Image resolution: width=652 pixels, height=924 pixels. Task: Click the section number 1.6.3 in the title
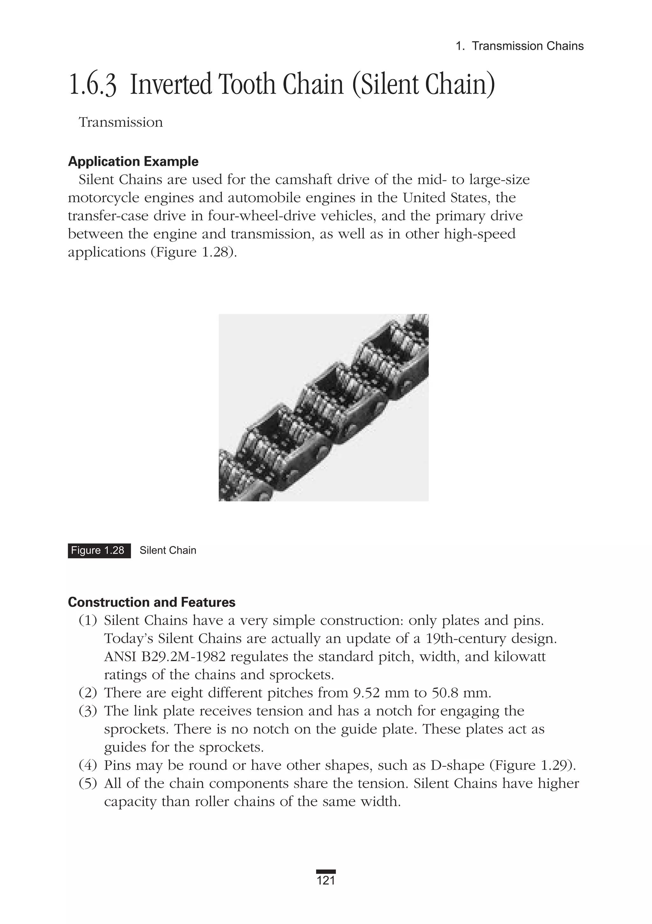(x=93, y=84)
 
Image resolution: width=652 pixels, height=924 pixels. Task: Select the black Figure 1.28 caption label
(x=99, y=550)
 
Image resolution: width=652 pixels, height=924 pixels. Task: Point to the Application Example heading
(x=133, y=161)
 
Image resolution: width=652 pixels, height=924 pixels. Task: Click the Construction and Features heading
(x=152, y=602)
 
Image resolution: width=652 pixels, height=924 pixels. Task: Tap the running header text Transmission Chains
(x=527, y=46)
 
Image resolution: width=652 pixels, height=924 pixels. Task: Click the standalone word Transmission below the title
(x=121, y=122)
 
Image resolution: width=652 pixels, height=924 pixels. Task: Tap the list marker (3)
(x=88, y=711)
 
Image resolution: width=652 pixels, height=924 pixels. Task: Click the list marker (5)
(x=88, y=784)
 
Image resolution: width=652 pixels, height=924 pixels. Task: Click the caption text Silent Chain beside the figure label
(x=168, y=550)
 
